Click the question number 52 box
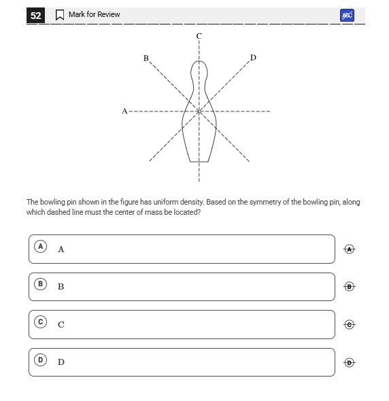[35, 16]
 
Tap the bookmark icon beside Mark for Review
[60, 15]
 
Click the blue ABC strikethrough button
[347, 16]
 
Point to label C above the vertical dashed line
[199, 36]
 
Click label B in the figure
[146, 58]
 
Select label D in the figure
[253, 58]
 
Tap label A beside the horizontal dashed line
[124, 111]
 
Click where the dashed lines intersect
[199, 111]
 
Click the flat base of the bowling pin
[199, 162]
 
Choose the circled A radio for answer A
[40, 247]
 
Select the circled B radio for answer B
[40, 284]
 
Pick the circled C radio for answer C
[40, 321]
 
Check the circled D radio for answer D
[40, 360]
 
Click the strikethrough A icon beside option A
[350, 249]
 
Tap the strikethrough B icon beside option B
[350, 287]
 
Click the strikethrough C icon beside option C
[350, 324]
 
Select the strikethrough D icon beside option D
[350, 363]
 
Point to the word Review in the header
[110, 14]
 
